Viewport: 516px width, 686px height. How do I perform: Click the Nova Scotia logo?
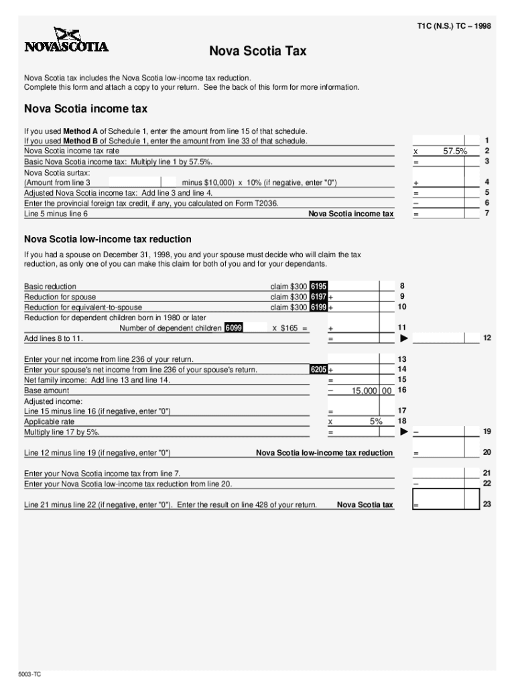click(66, 41)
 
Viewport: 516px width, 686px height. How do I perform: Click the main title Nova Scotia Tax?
click(257, 52)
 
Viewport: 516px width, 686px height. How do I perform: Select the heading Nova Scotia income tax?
click(86, 109)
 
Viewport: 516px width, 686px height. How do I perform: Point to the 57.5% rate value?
click(455, 151)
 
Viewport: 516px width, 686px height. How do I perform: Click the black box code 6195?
click(318, 287)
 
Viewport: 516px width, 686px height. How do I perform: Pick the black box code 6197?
click(318, 297)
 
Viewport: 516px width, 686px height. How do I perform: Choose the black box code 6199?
click(318, 307)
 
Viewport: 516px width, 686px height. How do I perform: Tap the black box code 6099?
click(234, 328)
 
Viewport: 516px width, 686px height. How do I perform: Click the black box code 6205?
click(318, 370)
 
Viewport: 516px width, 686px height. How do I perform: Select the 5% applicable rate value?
click(375, 422)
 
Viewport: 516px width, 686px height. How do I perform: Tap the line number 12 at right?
click(487, 338)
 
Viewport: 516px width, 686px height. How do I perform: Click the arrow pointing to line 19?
click(404, 432)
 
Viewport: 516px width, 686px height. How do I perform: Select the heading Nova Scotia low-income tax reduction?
click(108, 239)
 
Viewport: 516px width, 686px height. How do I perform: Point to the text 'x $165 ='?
click(290, 328)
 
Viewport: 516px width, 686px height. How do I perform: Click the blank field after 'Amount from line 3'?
click(134, 182)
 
